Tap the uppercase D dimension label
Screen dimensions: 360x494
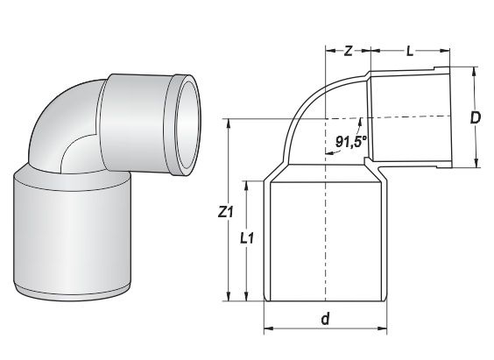(x=475, y=117)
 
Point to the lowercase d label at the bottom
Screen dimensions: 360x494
(x=325, y=320)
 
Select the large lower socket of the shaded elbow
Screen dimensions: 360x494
(x=75, y=232)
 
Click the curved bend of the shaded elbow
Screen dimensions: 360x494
(x=66, y=123)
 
